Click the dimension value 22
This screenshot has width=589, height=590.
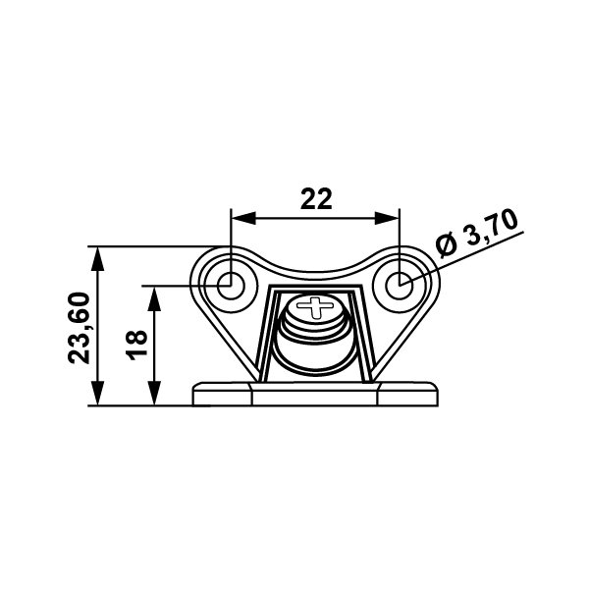(x=316, y=199)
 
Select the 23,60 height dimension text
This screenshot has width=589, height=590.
(x=80, y=328)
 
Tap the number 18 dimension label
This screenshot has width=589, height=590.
(x=136, y=345)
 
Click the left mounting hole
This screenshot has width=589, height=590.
(x=231, y=286)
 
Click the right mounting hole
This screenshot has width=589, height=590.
(x=400, y=286)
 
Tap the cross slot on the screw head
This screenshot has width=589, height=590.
(x=315, y=306)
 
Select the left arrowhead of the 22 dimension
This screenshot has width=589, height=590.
(x=243, y=218)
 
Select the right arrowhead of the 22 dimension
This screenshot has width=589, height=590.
(x=387, y=218)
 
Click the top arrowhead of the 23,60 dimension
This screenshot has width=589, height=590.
(x=97, y=259)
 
